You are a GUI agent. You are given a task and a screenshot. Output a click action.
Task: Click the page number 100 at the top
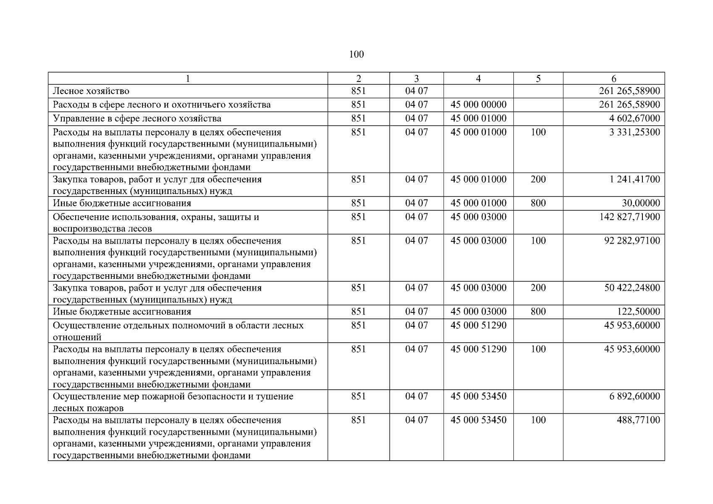356,54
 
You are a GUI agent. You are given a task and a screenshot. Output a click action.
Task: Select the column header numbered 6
614,79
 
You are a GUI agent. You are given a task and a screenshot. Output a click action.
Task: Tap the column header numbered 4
478,79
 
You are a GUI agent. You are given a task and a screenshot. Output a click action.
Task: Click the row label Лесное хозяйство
91,91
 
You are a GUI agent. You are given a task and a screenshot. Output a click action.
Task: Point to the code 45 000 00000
479,105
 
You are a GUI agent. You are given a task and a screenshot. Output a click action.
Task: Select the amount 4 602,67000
634,118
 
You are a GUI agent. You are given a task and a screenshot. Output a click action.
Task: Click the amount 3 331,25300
634,132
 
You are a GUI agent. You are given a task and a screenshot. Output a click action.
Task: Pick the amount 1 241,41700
634,179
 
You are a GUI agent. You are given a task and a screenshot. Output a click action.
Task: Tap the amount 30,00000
641,203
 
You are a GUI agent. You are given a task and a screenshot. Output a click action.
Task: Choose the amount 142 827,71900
629,217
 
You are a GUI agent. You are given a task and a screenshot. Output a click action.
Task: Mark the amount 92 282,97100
632,241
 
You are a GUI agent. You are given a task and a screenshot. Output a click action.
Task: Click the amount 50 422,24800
632,288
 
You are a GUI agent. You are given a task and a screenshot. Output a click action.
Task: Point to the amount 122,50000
638,312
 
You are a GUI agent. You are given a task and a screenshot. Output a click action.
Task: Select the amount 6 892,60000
634,396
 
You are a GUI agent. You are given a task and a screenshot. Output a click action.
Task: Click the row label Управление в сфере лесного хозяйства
137,118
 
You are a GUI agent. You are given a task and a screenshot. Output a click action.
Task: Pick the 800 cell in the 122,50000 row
538,312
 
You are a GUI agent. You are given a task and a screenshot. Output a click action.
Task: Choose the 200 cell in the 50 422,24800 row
538,288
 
